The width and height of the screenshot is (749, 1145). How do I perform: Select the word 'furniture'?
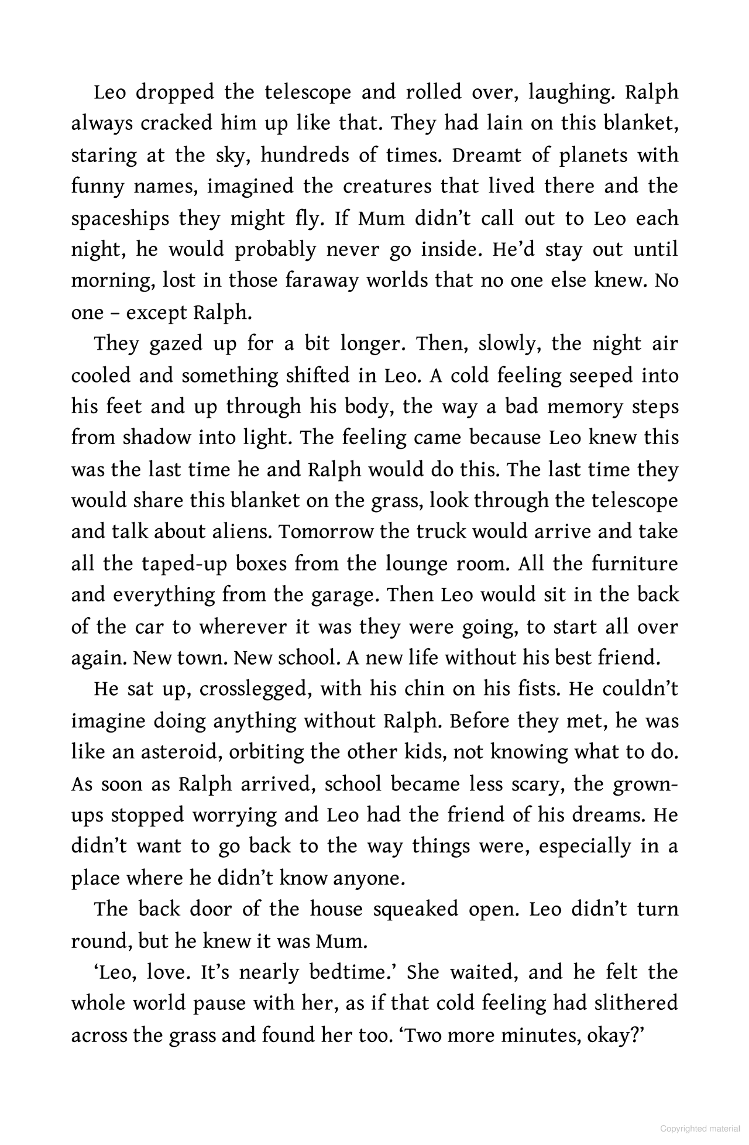coord(635,564)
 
